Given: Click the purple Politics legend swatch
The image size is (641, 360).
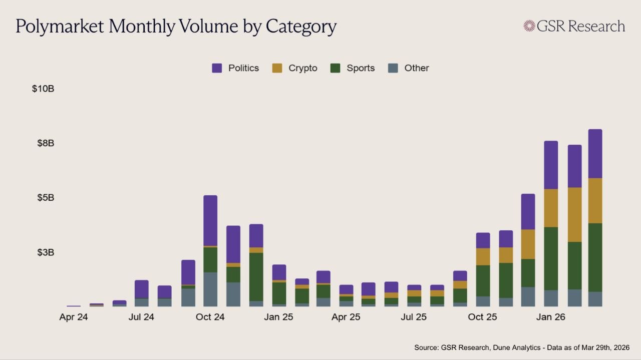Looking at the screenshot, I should tap(217, 68).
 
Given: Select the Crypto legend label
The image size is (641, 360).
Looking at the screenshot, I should tap(302, 68).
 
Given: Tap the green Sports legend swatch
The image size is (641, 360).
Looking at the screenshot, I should tap(336, 68).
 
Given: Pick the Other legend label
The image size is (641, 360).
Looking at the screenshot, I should tap(417, 68).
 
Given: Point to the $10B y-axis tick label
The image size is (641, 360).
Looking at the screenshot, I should tap(43, 89).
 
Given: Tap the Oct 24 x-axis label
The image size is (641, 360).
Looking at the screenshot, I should tap(210, 317).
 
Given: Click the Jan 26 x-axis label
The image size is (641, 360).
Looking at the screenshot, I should tap(551, 317).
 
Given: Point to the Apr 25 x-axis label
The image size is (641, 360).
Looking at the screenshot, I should tap(346, 317).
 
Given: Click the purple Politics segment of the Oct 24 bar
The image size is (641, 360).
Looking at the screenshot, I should tap(210, 220).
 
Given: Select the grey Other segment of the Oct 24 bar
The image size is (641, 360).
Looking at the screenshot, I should tap(210, 289).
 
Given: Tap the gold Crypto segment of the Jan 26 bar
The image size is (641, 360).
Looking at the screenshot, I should tap(551, 208).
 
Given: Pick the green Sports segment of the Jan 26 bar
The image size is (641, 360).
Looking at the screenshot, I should tap(551, 258).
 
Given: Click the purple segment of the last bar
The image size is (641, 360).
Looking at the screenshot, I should tap(595, 153).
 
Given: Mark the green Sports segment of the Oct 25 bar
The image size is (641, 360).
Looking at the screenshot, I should tap(483, 280).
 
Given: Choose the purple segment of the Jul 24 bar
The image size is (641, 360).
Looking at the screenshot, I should tap(142, 289).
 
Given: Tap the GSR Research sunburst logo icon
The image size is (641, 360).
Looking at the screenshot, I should tap(529, 26).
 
